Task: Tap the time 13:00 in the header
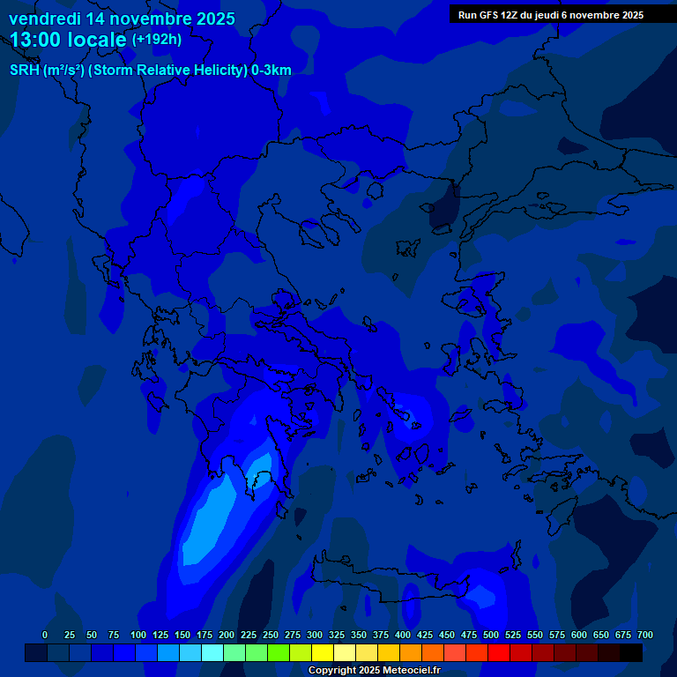coord(36,40)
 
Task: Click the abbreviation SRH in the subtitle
coord(24,71)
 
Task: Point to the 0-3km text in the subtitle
coord(271,71)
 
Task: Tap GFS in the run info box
coord(489,15)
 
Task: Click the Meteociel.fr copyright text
coord(406,671)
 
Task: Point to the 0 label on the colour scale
coord(45,636)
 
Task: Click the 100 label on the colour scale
coord(138,636)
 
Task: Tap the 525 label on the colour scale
coord(513,636)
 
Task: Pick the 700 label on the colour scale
coord(645,636)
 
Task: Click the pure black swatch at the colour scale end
coord(631,652)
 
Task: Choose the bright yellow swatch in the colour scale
coord(323,652)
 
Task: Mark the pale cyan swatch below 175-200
coord(212,652)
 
